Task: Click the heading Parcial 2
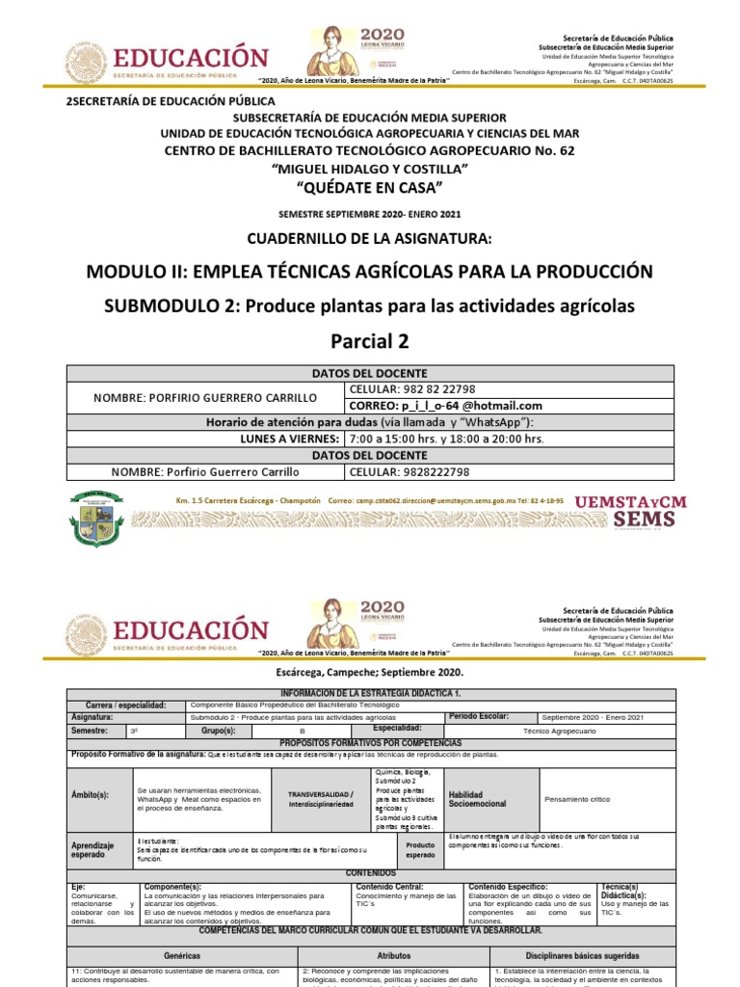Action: click(x=370, y=341)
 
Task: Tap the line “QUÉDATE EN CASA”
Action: click(x=370, y=187)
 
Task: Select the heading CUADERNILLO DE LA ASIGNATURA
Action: click(x=370, y=238)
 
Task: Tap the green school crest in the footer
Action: click(x=94, y=519)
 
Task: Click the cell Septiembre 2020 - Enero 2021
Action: click(x=594, y=717)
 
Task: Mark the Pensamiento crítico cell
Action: click(x=578, y=798)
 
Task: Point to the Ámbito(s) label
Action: click(x=91, y=795)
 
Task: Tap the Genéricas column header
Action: click(x=182, y=955)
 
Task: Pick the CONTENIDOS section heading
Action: click(x=370, y=872)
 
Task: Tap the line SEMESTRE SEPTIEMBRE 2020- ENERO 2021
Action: click(x=370, y=213)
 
